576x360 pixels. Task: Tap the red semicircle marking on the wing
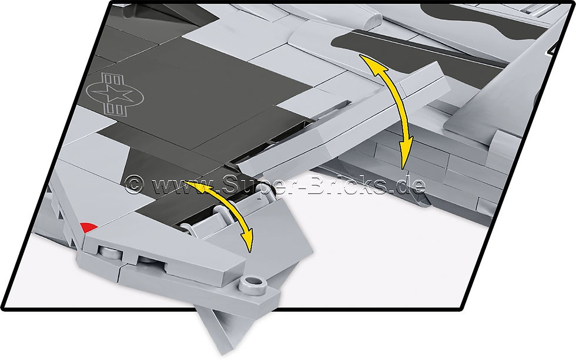tap(89, 227)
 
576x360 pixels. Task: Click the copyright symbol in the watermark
tap(134, 184)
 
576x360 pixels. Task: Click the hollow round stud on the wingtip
tap(253, 283)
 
